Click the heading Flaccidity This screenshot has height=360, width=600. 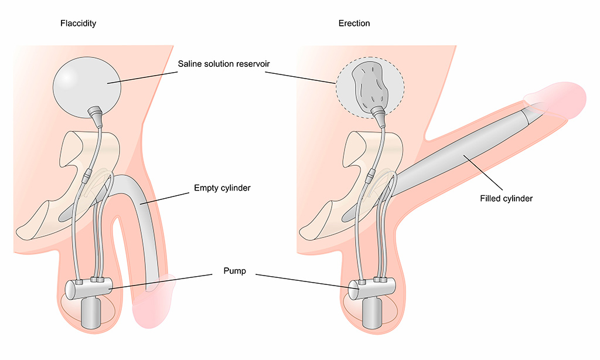click(x=78, y=23)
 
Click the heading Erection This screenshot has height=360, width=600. click(x=354, y=23)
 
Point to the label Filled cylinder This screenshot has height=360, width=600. click(x=506, y=199)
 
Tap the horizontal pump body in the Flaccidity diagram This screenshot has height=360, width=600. click(x=88, y=290)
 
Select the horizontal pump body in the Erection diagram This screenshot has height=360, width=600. click(x=371, y=289)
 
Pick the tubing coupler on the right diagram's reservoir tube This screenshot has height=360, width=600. click(x=370, y=174)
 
